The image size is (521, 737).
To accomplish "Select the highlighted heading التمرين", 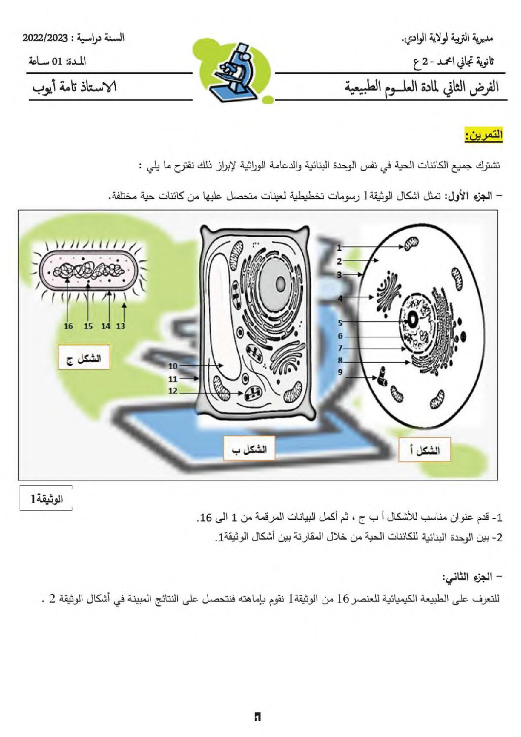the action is click(483, 135).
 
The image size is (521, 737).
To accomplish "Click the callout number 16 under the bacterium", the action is click(68, 326).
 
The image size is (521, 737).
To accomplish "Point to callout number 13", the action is click(121, 326).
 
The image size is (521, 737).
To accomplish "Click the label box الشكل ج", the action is click(84, 357).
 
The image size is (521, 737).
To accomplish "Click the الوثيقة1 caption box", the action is click(46, 499).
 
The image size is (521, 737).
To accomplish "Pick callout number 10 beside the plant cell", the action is click(173, 366).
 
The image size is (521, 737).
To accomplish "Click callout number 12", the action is click(173, 391).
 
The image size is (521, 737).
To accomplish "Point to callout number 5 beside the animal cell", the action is click(340, 323).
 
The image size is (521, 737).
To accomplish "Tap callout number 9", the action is click(340, 372).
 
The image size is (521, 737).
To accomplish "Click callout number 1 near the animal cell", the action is click(339, 248).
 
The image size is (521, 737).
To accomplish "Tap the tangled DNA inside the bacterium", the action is click(89, 271).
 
